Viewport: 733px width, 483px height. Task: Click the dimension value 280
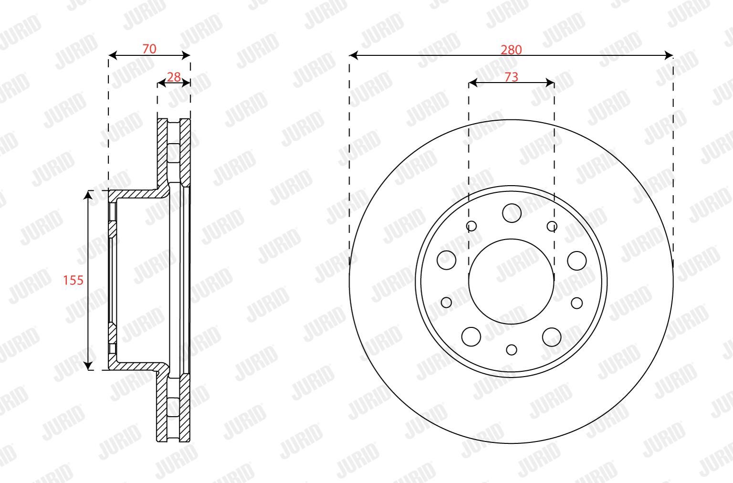tap(511, 50)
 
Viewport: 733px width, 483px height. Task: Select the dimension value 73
tap(511, 77)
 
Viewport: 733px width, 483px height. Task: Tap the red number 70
tap(149, 49)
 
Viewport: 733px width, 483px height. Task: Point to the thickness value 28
tap(173, 77)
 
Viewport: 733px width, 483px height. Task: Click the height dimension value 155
tap(73, 280)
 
